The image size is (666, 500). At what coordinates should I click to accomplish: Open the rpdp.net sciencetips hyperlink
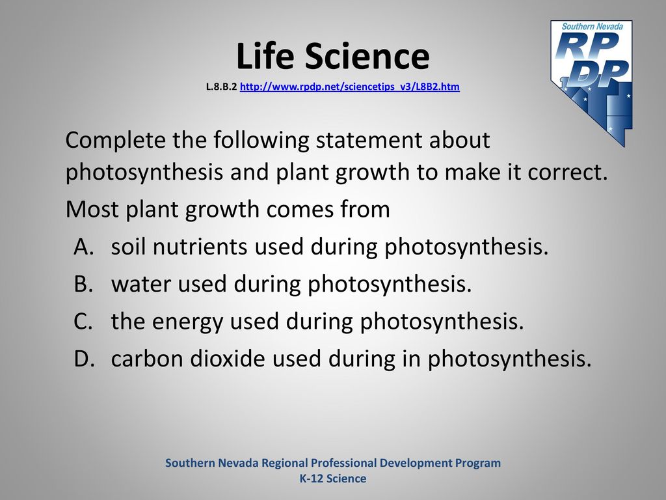click(x=349, y=87)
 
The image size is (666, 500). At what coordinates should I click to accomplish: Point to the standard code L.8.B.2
click(x=221, y=87)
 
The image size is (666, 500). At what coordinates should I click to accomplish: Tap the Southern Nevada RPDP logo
click(x=592, y=83)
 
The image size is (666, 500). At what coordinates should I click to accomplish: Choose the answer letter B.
click(x=83, y=284)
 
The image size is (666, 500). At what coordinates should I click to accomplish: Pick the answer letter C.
click(x=83, y=322)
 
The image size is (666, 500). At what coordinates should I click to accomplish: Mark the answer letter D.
click(x=84, y=359)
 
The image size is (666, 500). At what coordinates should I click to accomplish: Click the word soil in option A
click(x=128, y=247)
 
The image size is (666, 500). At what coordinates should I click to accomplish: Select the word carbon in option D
click(x=147, y=359)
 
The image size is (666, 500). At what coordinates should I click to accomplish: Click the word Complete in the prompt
click(x=116, y=141)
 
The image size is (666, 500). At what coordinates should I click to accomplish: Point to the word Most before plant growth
click(x=92, y=209)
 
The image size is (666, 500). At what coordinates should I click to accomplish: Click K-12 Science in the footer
click(x=333, y=479)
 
